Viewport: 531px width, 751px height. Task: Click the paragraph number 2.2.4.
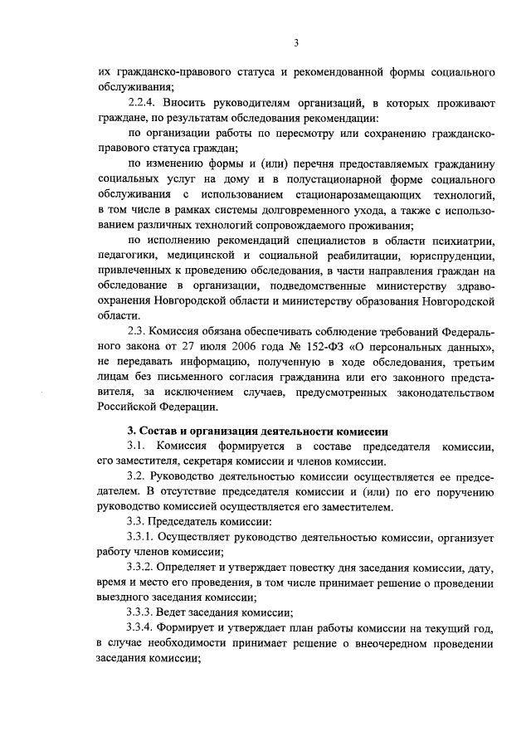click(x=146, y=102)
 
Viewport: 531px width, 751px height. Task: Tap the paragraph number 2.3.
click(x=139, y=330)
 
